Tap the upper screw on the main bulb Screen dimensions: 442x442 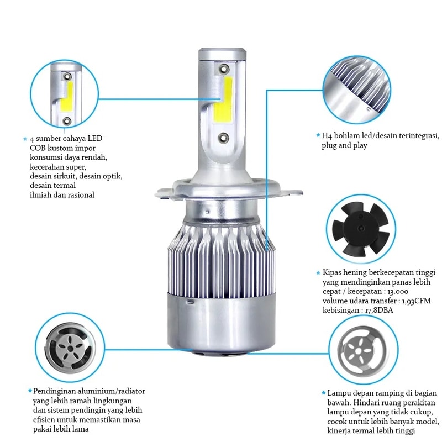pos(224,69)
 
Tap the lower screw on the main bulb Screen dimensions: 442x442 pos(224,138)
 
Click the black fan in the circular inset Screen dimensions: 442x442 pos(361,229)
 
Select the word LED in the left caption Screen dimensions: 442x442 pos(94,138)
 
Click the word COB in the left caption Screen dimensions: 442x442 pos(38,148)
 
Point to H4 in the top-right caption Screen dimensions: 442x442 pos(327,136)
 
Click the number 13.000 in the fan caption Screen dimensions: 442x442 pos(398,292)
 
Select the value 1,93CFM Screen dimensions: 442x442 pos(417,301)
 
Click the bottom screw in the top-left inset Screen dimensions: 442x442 pos(67,121)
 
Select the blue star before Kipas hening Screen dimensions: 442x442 pos(318,272)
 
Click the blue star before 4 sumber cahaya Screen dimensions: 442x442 pos(25,139)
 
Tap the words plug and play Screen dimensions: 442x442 pos(344,146)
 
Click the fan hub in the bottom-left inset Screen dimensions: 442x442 pos(70,349)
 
